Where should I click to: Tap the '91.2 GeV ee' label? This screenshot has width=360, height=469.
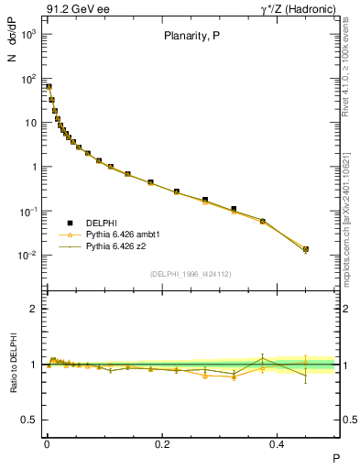click(75, 10)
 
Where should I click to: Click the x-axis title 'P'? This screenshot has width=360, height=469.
click(335, 457)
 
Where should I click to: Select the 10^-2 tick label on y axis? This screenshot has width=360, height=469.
click(27, 256)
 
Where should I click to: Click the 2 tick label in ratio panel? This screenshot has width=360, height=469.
click(34, 309)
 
